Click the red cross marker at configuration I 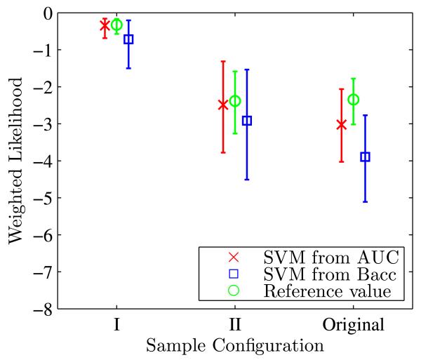(105, 26)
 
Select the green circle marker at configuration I (116, 25)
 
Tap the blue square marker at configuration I (128, 39)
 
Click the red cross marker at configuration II (223, 105)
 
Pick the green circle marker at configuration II (235, 101)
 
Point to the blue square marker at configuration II (247, 121)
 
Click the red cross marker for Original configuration (342, 125)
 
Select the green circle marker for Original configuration (354, 100)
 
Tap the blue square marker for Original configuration (365, 157)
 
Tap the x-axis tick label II (235, 326)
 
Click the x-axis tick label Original (353, 326)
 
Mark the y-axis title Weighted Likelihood (15, 160)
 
